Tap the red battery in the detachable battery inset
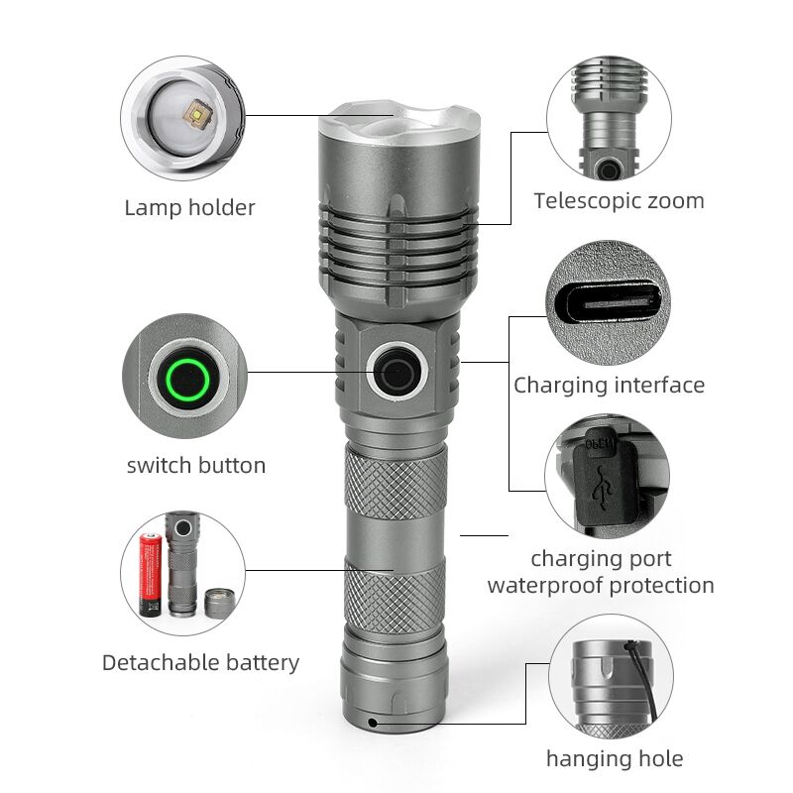coord(151,575)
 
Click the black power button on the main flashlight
coord(397,372)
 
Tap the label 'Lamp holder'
coord(189,208)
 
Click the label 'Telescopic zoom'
coord(619,201)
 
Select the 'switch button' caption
coord(196,465)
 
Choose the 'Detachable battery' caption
coord(201,663)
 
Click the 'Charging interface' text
coord(609,386)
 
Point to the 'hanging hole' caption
coord(615,759)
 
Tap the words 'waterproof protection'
coord(601,586)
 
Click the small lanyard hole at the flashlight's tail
coord(373,723)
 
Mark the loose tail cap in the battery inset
coord(220,603)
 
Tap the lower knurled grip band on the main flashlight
coord(395,597)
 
